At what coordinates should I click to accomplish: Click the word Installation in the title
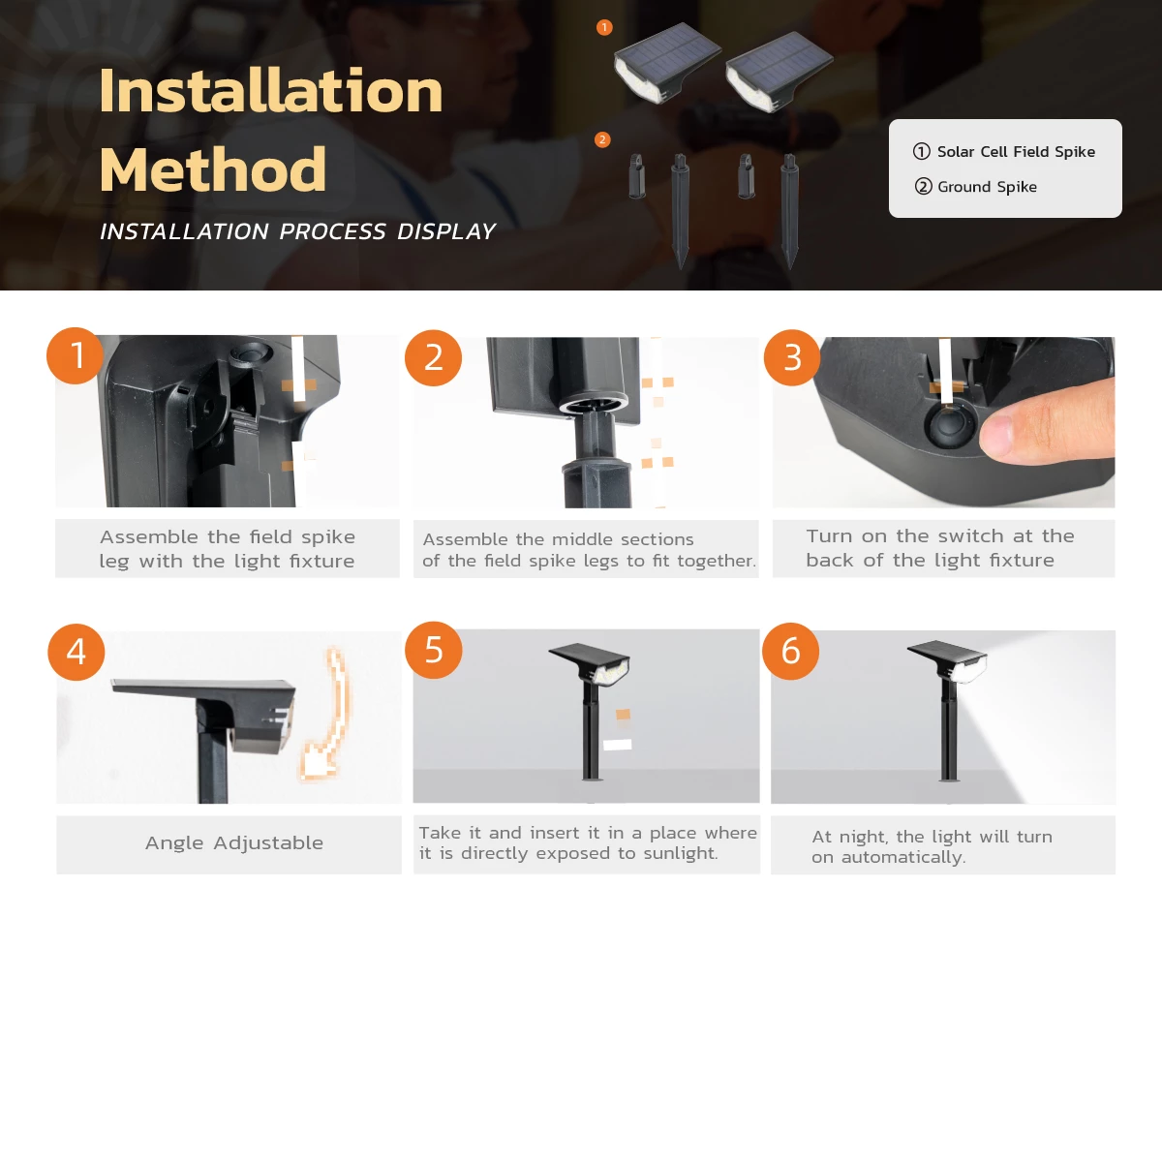[271, 91]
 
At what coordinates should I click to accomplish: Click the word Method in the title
[213, 169]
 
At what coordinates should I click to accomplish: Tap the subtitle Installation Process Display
[297, 231]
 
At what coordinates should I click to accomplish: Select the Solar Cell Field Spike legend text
[1015, 152]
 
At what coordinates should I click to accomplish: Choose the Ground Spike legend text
[986, 187]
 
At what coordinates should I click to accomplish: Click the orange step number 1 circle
[76, 355]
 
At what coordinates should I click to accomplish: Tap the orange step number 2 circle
[433, 358]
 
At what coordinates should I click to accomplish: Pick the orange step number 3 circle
[792, 358]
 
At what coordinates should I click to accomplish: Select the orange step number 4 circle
[76, 652]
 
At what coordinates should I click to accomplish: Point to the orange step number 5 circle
[433, 650]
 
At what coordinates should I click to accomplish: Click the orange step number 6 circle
[790, 652]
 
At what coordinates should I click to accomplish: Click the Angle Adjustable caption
[234, 843]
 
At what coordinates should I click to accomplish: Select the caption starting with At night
[932, 846]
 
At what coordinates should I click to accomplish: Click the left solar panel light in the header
[666, 63]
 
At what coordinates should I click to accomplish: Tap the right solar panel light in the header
[778, 68]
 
